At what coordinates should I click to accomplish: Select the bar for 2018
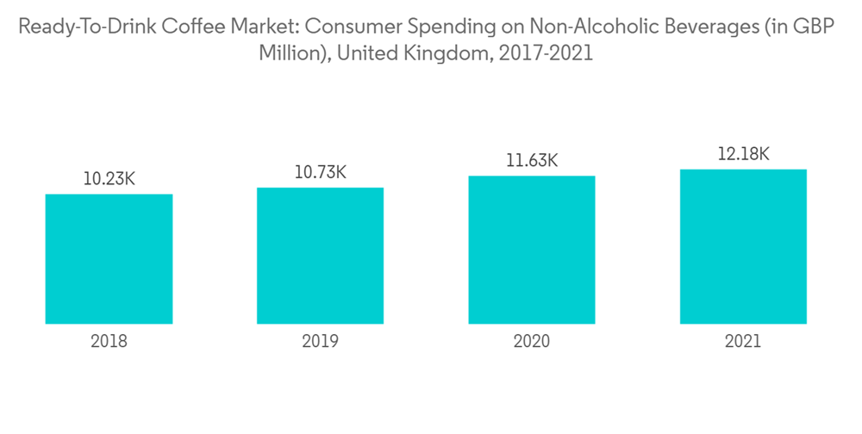[109, 258]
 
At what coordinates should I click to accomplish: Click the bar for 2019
[320, 256]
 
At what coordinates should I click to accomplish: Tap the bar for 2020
[532, 250]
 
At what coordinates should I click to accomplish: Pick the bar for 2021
[743, 246]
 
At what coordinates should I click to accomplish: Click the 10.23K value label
[109, 180]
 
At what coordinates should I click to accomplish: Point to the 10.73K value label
[321, 173]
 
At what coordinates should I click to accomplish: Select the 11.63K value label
[532, 161]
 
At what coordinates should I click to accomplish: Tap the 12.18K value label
[743, 154]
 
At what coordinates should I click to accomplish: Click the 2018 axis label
[109, 341]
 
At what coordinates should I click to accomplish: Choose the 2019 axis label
[320, 341]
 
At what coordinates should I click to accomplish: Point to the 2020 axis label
[532, 341]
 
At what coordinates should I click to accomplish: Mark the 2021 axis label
[743, 341]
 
